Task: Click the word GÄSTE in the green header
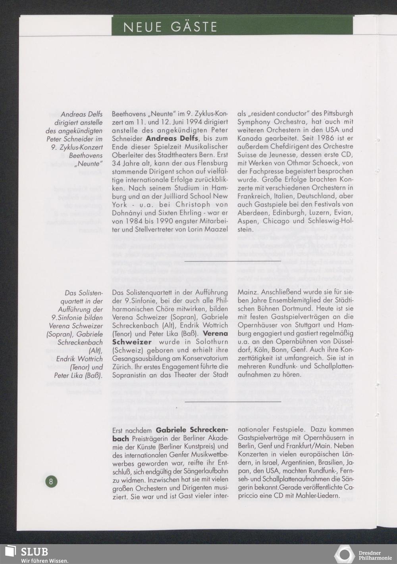pyautogui.click(x=194, y=27)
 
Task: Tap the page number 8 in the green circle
pyautogui.click(x=51, y=482)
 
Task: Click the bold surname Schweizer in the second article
pyautogui.click(x=132, y=342)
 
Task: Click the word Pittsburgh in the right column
pyautogui.click(x=334, y=113)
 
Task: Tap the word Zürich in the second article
pyautogui.click(x=122, y=367)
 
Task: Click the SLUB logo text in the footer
pyautogui.click(x=35, y=552)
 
